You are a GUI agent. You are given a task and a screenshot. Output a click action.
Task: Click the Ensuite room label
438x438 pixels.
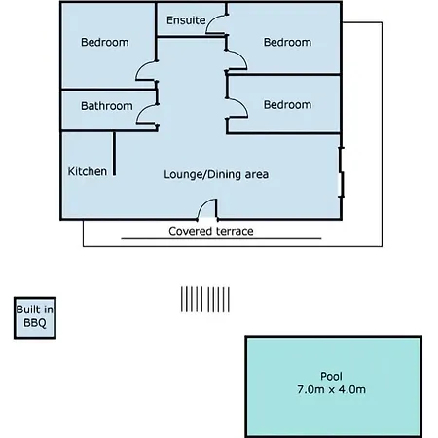click(x=186, y=20)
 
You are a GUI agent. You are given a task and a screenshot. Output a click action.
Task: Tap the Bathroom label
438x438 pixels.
click(x=107, y=106)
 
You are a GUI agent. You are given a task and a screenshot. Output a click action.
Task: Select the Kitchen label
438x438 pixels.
click(x=88, y=171)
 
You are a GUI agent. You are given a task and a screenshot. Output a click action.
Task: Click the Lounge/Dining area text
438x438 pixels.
click(x=216, y=174)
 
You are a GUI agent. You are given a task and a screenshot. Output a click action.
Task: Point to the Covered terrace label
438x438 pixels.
click(x=211, y=231)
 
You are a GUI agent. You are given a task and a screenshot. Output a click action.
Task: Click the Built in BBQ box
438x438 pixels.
click(x=35, y=317)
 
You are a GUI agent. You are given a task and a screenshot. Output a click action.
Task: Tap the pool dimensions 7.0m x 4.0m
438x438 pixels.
click(x=331, y=389)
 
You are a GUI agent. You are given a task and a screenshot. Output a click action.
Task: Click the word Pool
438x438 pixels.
click(x=331, y=376)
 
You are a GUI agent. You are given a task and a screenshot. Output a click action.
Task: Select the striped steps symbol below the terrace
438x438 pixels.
click(x=205, y=300)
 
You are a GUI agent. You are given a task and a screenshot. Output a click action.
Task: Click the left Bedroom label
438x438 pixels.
click(x=105, y=42)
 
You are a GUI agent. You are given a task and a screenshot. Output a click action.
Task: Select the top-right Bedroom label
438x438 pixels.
click(x=287, y=42)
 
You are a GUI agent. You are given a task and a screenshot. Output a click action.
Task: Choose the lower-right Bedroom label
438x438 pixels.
click(x=287, y=105)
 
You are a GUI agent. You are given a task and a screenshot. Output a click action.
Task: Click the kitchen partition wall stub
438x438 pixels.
click(x=114, y=154)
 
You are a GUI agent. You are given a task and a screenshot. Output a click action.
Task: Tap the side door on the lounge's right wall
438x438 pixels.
click(x=341, y=172)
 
